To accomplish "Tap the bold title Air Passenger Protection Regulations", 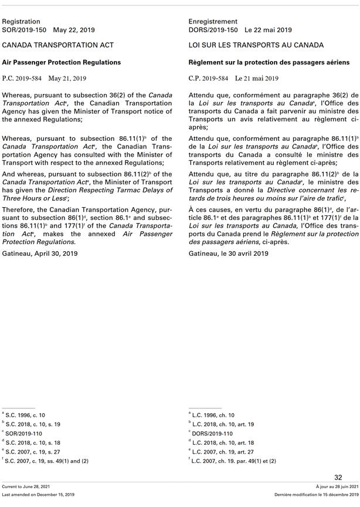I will (x=62, y=62).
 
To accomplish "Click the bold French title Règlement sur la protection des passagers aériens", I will (x=269, y=62).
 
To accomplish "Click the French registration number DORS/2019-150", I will (x=213, y=29).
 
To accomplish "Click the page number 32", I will (x=338, y=478).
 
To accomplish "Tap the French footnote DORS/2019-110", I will (x=213, y=434).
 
